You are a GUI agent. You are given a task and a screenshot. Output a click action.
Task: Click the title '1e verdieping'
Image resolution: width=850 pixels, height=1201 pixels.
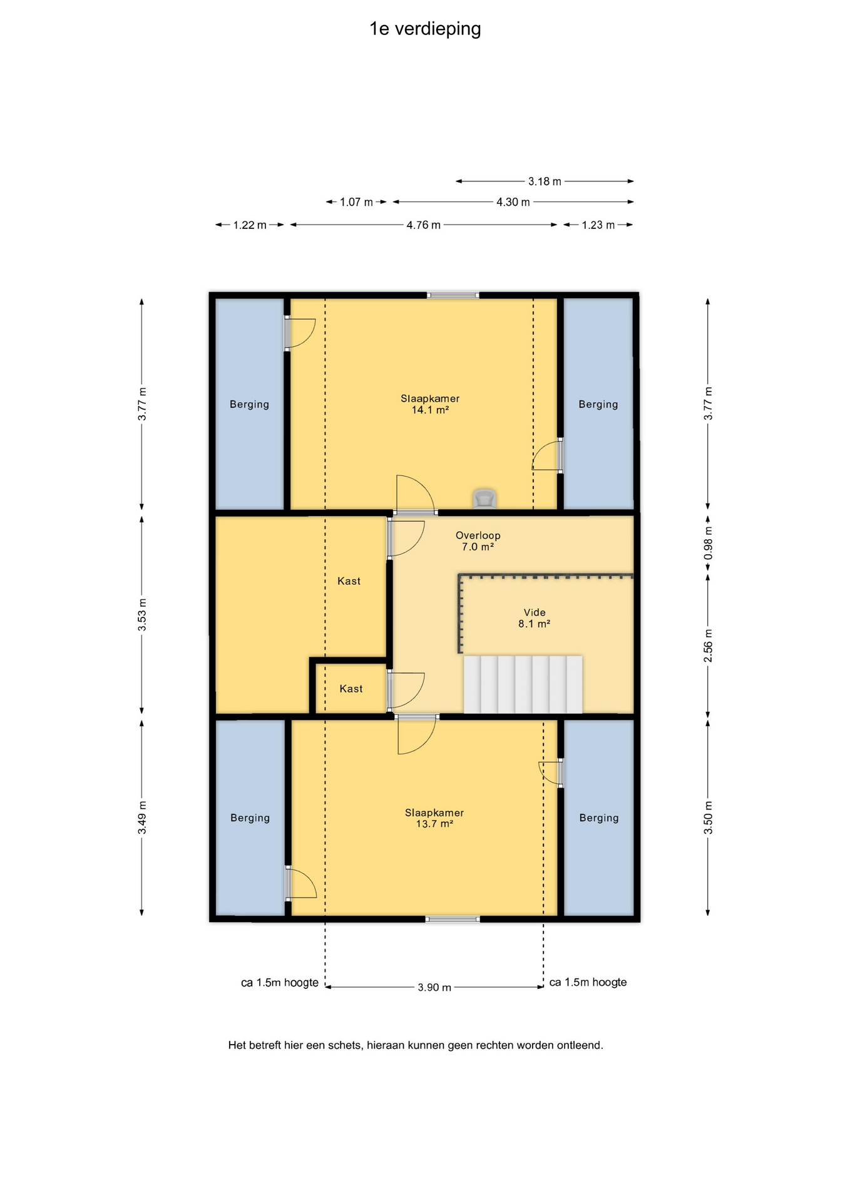425,29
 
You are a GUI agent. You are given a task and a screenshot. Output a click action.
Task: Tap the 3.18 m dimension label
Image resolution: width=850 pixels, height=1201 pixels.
545,181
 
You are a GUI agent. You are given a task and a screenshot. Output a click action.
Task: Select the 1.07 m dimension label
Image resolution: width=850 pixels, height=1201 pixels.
356,202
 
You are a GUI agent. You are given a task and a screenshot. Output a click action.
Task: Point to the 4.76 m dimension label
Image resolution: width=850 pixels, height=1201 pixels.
423,225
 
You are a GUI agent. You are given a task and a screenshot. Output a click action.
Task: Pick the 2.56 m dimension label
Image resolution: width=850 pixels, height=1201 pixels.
708,645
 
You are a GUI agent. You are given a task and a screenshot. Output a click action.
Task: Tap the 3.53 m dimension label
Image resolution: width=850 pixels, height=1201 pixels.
142,614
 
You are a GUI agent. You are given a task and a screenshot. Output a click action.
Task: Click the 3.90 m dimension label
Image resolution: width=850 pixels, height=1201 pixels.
434,987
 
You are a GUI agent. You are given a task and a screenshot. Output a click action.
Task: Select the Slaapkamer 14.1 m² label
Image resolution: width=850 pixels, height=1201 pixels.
430,404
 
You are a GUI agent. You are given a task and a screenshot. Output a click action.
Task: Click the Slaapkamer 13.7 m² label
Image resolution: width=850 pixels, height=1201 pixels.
434,818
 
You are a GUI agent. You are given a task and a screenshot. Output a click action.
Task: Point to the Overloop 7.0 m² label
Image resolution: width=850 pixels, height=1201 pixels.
478,541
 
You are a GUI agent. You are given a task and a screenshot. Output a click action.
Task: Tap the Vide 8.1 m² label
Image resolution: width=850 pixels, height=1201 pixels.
535,618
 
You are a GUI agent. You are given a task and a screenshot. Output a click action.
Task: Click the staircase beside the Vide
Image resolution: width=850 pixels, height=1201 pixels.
523,684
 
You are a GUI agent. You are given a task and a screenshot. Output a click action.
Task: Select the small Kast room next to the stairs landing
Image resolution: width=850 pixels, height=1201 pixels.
351,688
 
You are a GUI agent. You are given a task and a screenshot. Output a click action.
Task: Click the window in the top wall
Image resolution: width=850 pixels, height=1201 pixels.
453,295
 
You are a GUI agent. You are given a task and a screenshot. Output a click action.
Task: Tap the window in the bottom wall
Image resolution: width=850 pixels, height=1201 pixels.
453,919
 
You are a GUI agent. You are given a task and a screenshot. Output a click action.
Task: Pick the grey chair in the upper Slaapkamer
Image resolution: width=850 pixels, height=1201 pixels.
484,499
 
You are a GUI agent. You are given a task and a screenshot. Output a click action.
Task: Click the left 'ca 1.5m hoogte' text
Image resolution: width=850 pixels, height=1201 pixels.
280,983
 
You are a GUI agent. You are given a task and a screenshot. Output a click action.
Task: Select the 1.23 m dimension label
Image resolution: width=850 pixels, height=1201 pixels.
598,225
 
